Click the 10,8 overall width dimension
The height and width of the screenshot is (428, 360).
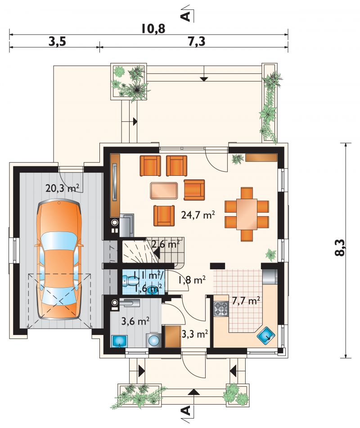click(x=153, y=28)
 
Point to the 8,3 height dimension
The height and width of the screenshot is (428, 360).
click(x=339, y=248)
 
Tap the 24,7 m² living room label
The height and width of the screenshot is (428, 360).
click(x=198, y=214)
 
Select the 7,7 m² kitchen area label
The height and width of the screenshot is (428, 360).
click(x=246, y=300)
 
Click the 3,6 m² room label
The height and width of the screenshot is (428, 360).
click(x=135, y=321)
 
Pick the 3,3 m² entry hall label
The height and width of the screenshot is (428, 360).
click(x=195, y=333)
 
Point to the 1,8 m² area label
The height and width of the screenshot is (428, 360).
click(x=192, y=280)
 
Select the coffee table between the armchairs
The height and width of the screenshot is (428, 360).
click(x=164, y=191)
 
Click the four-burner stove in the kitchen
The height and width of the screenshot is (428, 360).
click(x=221, y=309)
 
